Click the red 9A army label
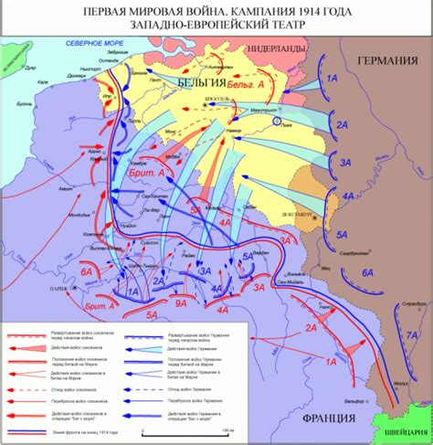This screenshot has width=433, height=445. (182, 302)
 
